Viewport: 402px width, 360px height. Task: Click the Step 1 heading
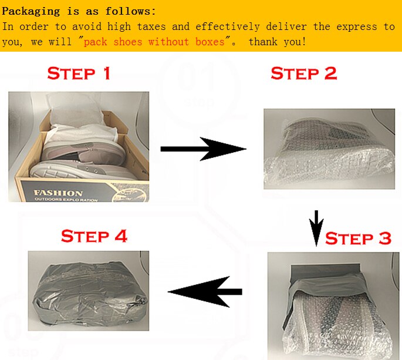(x=79, y=73)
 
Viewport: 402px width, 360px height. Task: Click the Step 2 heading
(x=304, y=73)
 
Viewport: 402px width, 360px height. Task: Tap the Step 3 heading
(x=358, y=238)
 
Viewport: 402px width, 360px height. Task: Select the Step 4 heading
(x=94, y=236)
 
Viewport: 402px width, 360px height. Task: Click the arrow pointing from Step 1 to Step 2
(x=203, y=149)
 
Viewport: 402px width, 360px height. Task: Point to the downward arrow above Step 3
(x=316, y=228)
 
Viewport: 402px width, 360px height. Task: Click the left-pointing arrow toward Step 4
(x=205, y=292)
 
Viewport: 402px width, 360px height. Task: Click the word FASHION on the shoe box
(x=58, y=193)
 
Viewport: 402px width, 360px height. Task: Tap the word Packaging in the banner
(x=31, y=12)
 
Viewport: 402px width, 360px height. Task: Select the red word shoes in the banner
(x=128, y=42)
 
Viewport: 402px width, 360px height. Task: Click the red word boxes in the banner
(x=210, y=42)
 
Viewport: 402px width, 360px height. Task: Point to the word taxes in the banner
(x=151, y=26)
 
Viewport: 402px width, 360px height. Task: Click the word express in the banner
(x=357, y=26)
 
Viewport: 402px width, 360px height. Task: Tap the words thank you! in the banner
(x=278, y=42)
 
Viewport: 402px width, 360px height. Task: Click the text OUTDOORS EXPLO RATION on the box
(x=66, y=199)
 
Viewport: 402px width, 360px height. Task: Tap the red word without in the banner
(x=168, y=42)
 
